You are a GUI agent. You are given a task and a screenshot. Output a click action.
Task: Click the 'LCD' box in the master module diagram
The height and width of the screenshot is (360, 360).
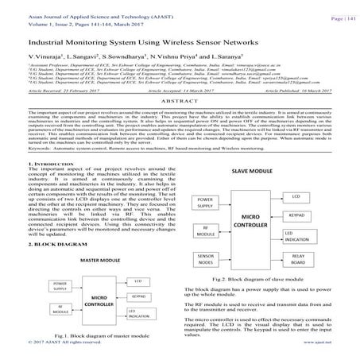pos(138,303)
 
